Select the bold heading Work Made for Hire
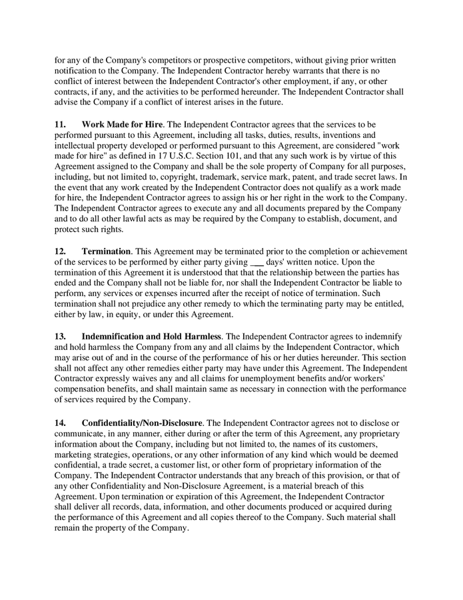pos(122,124)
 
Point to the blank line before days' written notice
pos(256,262)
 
